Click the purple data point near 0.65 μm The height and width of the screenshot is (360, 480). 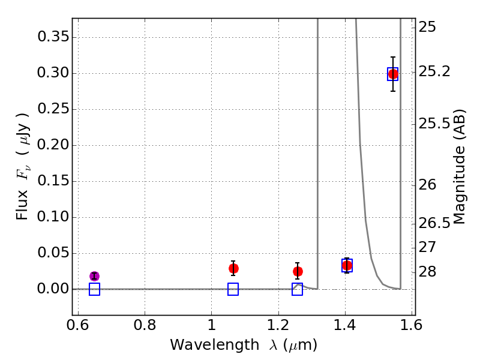[94, 276]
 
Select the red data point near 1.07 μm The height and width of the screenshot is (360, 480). [233, 268]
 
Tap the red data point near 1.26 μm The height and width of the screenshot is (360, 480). [298, 271]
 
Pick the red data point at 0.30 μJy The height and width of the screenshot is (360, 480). [393, 74]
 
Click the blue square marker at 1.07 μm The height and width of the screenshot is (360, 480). [233, 289]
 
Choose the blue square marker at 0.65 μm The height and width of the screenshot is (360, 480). [94, 289]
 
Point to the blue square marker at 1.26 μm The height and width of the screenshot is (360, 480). [298, 289]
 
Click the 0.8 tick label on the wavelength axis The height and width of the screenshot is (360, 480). [145, 326]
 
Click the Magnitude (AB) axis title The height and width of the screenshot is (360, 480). [460, 166]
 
